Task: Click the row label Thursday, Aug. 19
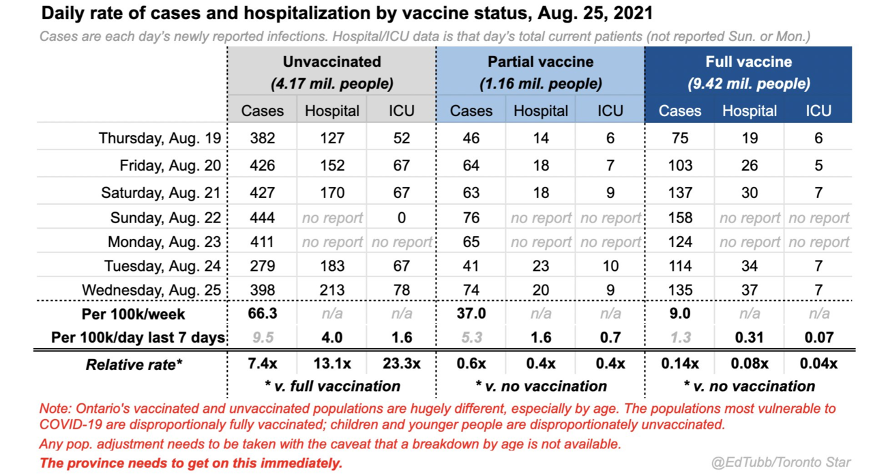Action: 160,138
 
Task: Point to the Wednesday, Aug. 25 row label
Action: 151,290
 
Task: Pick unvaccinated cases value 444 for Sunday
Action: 263,218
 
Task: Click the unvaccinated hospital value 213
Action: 332,290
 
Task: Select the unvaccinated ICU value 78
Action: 402,290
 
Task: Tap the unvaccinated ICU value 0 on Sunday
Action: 402,218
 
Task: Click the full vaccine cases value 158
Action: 679,218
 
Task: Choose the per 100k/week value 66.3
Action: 263,313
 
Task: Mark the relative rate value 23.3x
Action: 402,364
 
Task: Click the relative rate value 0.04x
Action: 818,364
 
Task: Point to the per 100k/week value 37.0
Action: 471,313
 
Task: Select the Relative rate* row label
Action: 134,364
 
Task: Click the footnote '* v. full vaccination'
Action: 332,386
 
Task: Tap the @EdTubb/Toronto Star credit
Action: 781,463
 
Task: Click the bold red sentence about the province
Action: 191,463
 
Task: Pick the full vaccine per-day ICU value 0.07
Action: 818,337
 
